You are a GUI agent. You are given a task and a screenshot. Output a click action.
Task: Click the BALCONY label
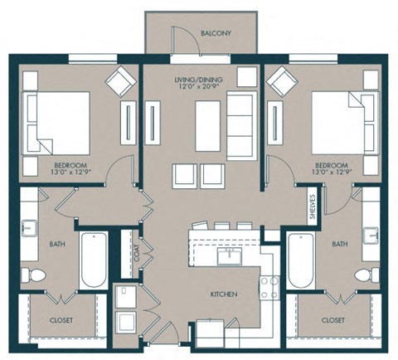tap(216, 34)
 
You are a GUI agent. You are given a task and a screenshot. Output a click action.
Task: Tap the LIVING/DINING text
tap(198, 80)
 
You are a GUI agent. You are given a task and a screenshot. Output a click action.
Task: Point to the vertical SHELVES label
tap(312, 207)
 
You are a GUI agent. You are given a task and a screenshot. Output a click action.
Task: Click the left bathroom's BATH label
tap(57, 244)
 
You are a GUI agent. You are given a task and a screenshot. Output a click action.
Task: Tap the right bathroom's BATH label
tap(339, 244)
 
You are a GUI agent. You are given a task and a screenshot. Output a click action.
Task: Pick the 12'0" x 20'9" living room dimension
tap(198, 88)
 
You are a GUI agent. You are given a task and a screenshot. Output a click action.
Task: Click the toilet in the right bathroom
tap(364, 275)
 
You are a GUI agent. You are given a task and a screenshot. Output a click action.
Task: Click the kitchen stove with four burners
tap(269, 286)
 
